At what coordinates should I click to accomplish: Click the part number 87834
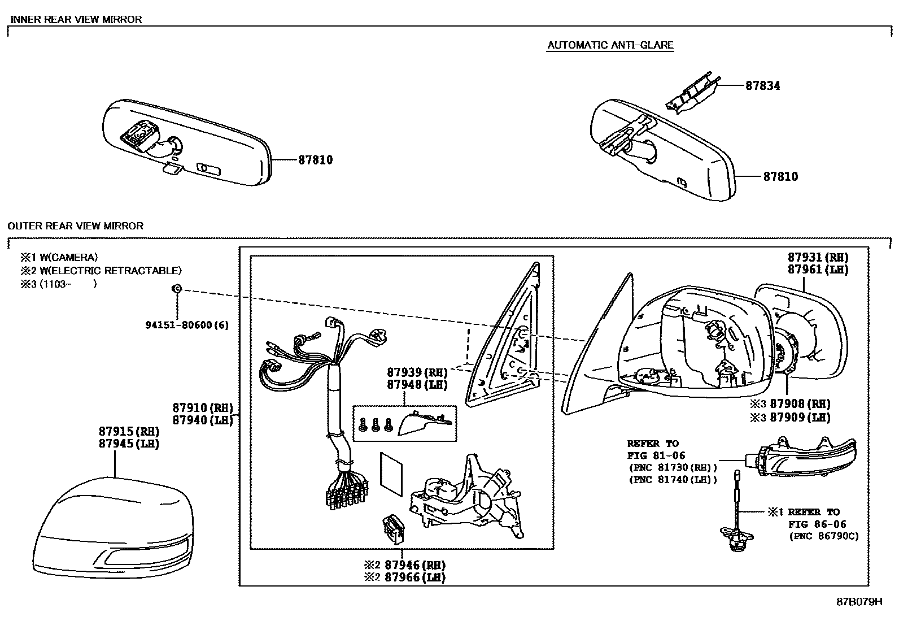click(762, 86)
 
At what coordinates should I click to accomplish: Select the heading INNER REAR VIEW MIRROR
click(76, 19)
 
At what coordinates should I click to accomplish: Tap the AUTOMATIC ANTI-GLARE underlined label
click(610, 45)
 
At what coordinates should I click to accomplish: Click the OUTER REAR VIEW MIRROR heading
click(76, 226)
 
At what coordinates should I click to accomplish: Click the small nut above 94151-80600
click(176, 289)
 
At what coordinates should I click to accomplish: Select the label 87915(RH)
click(129, 431)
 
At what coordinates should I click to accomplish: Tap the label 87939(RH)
click(417, 372)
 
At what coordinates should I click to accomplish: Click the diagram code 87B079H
click(859, 602)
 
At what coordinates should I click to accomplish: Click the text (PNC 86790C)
click(823, 536)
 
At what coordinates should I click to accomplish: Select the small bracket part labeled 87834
click(692, 93)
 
